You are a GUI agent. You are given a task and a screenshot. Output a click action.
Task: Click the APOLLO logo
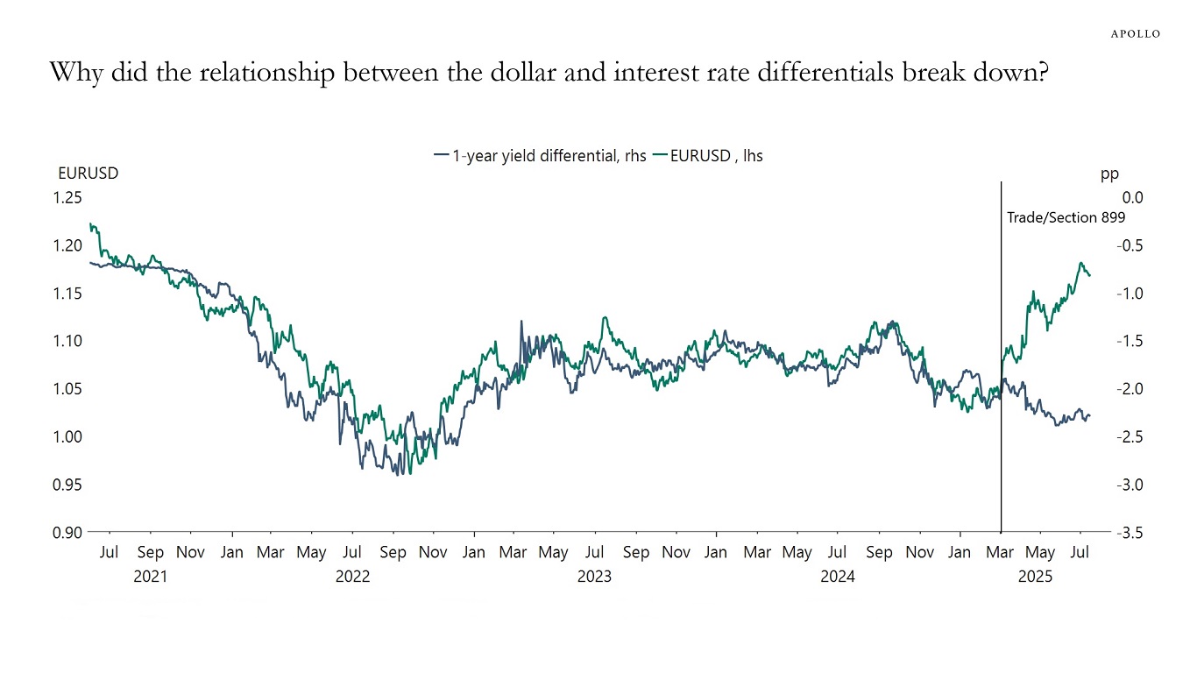tap(1136, 33)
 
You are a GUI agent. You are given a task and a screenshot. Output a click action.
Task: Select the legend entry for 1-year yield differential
tap(541, 156)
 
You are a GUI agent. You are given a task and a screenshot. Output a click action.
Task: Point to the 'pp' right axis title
tap(1109, 174)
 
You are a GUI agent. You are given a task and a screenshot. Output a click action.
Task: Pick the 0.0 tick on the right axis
tap(1130, 197)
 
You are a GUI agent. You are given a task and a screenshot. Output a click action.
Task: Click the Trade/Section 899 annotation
tap(1065, 218)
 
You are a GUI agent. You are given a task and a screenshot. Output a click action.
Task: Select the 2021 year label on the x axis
tap(150, 577)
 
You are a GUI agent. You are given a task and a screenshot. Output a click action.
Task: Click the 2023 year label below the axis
tap(594, 577)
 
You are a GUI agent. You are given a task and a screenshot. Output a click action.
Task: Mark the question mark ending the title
tap(1041, 73)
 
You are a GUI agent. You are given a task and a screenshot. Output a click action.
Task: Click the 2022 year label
tap(352, 577)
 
